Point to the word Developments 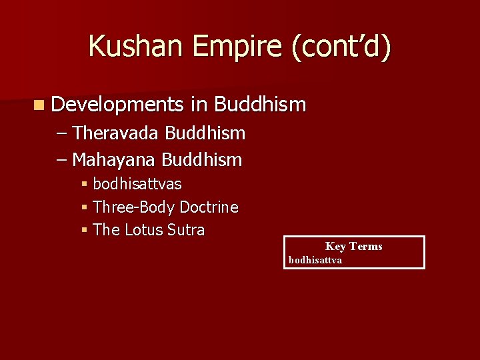pos(117,105)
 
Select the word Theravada pos(116,133)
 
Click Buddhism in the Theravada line pos(205,133)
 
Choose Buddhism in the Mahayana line pos(202,160)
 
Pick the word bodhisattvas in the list pos(137,184)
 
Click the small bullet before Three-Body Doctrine pos(85,207)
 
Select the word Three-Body pos(134,207)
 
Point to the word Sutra pos(187,230)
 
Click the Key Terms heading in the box pos(354,247)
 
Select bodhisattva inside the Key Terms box pos(315,260)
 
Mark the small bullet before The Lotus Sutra pos(85,231)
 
